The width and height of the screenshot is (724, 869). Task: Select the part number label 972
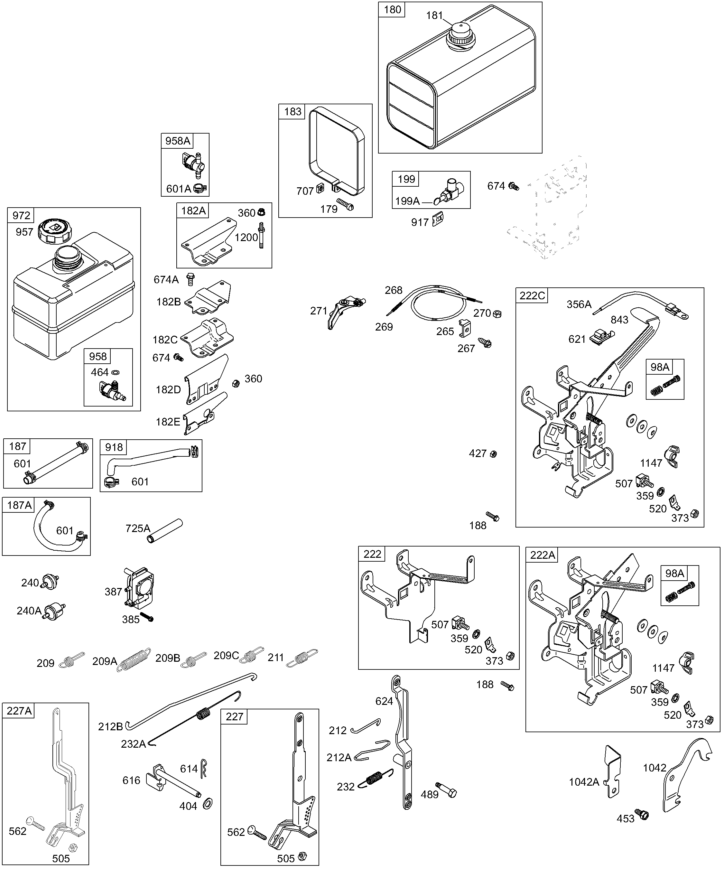point(21,216)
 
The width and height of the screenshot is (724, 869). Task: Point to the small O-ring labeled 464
point(117,372)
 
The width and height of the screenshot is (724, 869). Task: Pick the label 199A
point(407,201)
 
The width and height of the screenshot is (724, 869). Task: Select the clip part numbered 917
point(438,219)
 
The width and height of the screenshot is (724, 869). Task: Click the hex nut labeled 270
point(498,314)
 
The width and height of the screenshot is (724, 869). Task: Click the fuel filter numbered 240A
point(55,611)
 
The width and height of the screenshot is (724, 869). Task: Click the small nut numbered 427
point(493,454)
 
